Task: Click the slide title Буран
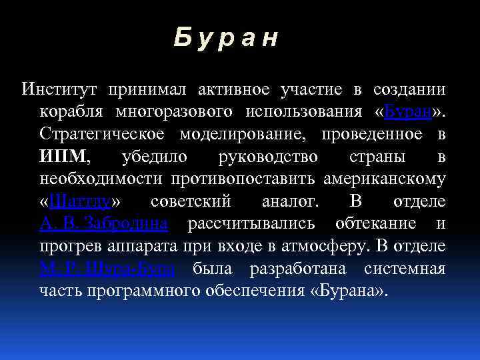pyautogui.click(x=225, y=38)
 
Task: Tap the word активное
pyautogui.click(x=238, y=89)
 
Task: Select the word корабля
pyautogui.click(x=71, y=111)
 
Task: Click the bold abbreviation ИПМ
pyautogui.click(x=63, y=157)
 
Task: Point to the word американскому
pyautogui.click(x=385, y=179)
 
